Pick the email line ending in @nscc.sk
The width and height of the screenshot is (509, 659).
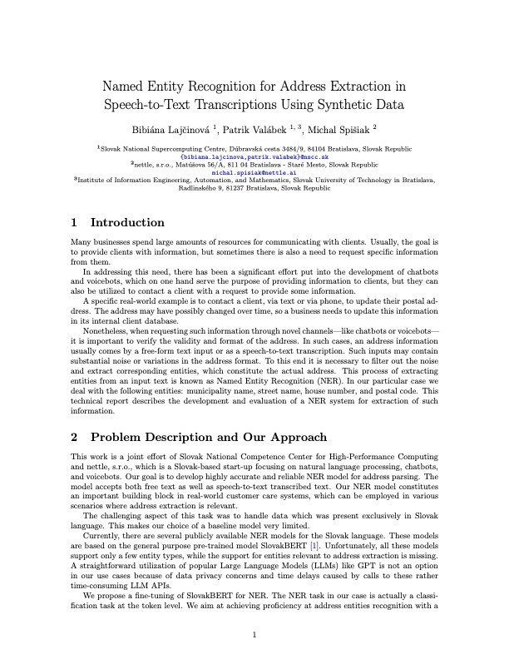click(x=254, y=156)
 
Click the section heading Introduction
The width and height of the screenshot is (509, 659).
click(x=127, y=222)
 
